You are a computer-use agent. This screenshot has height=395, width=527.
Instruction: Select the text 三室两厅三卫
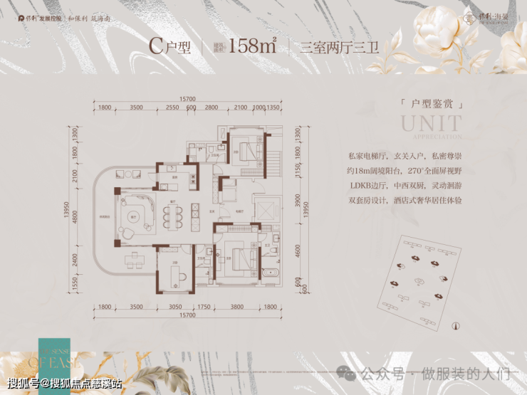(x=331, y=48)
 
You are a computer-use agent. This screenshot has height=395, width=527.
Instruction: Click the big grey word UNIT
(x=431, y=124)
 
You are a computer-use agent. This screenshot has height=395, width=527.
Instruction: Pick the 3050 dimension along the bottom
(x=175, y=307)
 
